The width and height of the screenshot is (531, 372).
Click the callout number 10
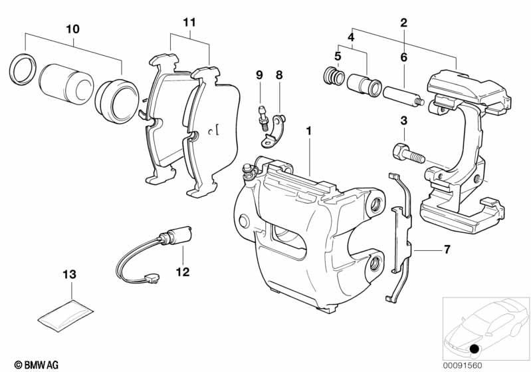tap(72, 29)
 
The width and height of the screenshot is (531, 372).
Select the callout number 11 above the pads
tap(190, 22)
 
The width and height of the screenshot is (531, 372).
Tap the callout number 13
tap(70, 274)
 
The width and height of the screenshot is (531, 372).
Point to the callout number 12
tap(183, 272)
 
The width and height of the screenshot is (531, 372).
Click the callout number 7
tap(447, 250)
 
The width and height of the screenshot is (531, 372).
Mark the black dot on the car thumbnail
tap(474, 348)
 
